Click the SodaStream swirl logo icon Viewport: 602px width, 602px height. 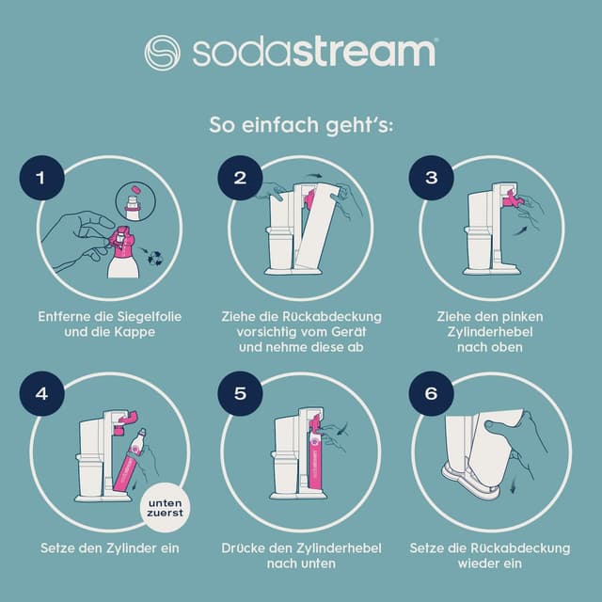point(162,52)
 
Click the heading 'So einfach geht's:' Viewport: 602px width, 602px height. point(300,125)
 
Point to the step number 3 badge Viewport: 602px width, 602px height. point(432,178)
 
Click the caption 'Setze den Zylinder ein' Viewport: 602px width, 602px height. point(109,547)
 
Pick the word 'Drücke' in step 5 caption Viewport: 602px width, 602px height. point(246,547)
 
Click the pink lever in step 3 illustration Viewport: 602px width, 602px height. point(511,199)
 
